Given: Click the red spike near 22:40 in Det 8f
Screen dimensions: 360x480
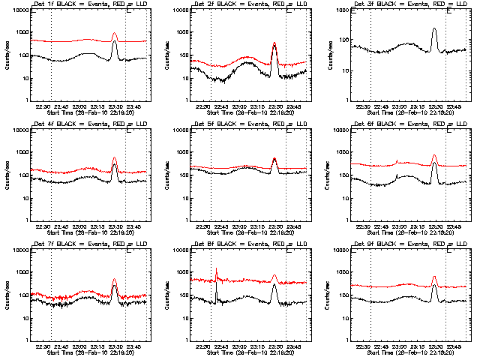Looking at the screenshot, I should [217, 269].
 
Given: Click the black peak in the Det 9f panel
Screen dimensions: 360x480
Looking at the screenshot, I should [435, 286].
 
